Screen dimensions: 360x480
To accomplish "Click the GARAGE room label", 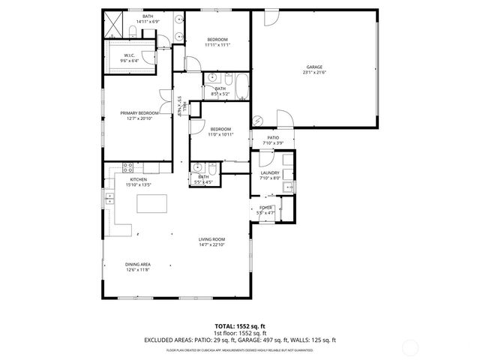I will [313, 67].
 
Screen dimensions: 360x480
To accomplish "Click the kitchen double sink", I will [109, 198].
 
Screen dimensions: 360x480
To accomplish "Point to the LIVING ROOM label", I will [211, 239].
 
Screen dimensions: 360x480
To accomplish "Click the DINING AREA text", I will [137, 265].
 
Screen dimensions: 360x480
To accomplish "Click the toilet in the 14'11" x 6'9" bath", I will [132, 31].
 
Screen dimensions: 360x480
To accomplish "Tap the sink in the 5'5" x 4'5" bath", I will [197, 167].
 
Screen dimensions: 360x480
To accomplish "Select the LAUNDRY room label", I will [269, 173].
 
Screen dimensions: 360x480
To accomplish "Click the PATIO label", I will [274, 139].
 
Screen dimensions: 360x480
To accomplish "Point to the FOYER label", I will [265, 208].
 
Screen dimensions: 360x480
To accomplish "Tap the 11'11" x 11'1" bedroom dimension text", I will [217, 45].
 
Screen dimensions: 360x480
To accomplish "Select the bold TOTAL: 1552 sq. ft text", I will [239, 325].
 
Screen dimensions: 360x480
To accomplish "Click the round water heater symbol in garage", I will [259, 119].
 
